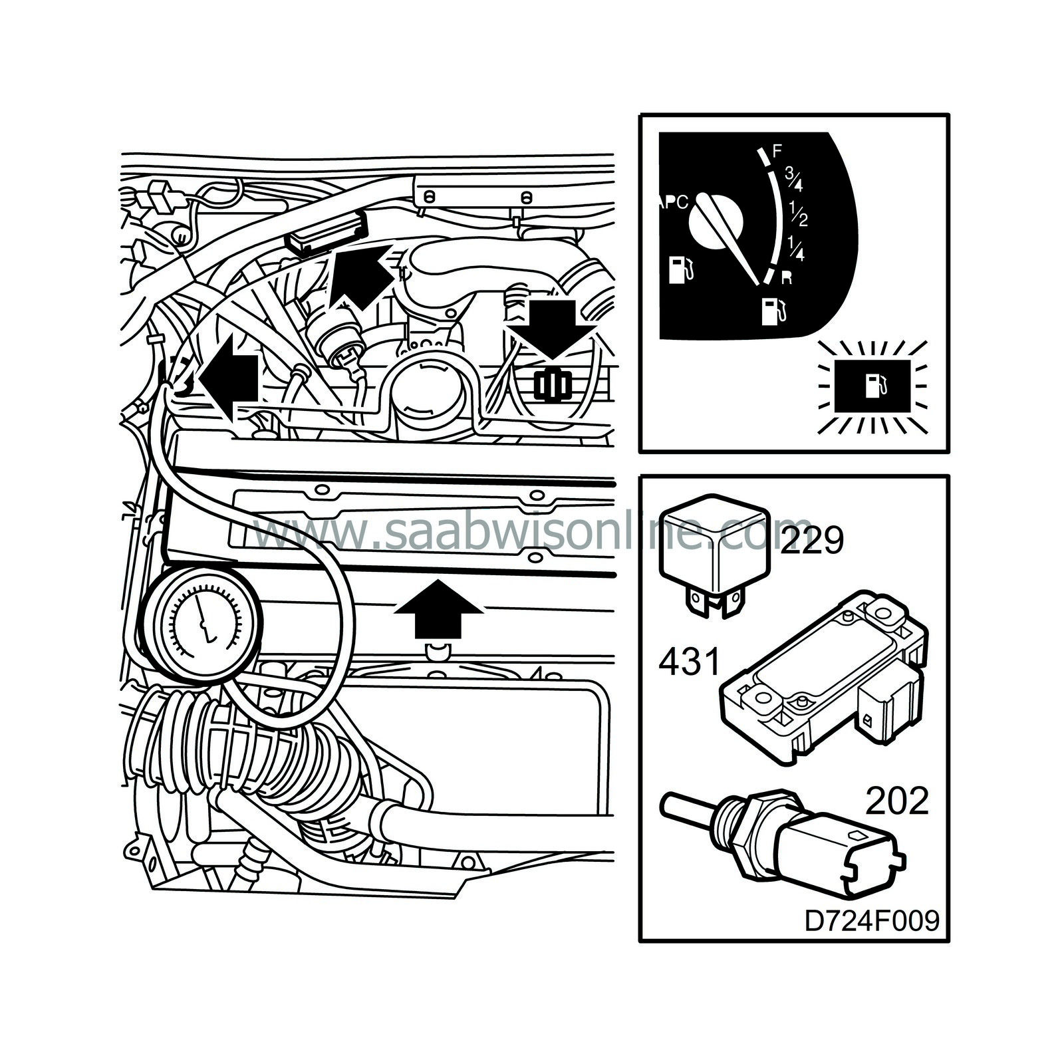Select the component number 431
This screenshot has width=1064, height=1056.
click(689, 662)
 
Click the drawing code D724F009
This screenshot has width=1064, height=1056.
click(872, 922)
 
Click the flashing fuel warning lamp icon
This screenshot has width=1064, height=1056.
click(873, 384)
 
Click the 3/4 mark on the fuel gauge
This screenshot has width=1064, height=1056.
click(795, 178)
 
